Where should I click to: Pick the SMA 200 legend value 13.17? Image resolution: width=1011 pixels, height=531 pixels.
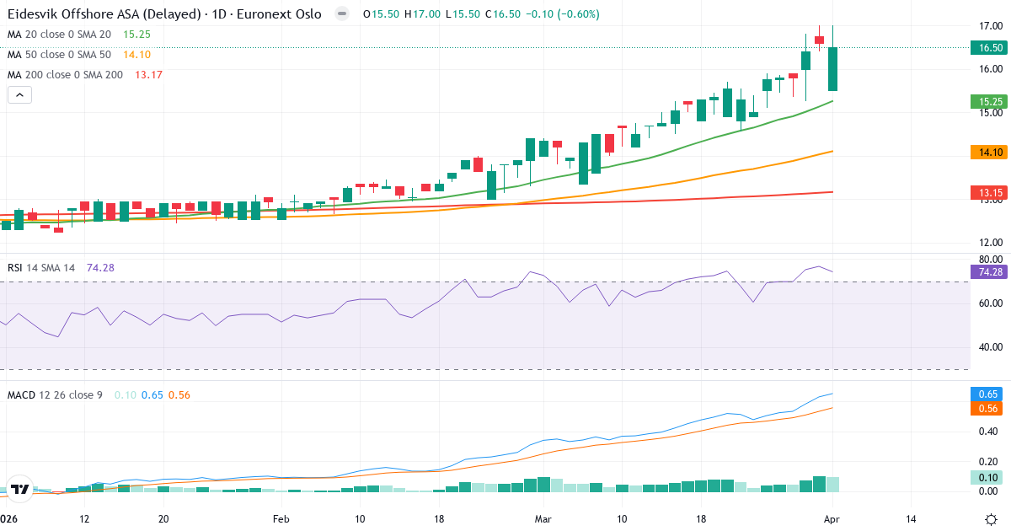[x=148, y=75]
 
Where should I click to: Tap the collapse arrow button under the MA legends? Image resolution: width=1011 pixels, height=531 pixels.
[x=19, y=95]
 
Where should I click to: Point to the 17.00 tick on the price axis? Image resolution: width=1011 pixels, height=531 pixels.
[x=989, y=26]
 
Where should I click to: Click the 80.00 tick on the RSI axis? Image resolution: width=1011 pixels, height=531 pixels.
[x=989, y=259]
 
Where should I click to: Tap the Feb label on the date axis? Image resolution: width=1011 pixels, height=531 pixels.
[x=281, y=519]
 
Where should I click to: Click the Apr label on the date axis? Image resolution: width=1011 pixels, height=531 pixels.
[x=832, y=519]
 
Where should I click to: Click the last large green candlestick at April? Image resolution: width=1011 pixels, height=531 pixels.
[x=832, y=69]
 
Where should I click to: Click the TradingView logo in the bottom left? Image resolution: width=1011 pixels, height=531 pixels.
[x=20, y=489]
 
